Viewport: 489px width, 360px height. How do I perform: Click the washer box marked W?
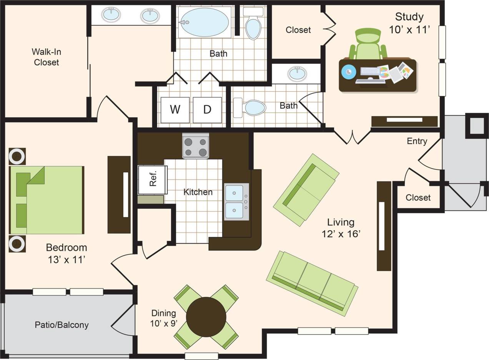point(175,110)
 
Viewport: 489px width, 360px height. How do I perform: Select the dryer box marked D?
point(207,110)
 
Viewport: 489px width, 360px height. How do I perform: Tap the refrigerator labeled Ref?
point(153,179)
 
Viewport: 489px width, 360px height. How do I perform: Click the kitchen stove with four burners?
point(195,146)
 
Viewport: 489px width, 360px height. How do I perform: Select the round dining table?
point(206,317)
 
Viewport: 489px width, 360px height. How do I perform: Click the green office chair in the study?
point(368,44)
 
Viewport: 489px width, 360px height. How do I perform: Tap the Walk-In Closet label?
point(47,57)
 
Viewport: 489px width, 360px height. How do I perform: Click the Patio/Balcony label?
point(62,325)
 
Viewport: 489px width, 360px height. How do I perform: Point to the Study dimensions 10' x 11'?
point(409,30)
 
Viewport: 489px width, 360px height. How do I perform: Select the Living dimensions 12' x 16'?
point(341,234)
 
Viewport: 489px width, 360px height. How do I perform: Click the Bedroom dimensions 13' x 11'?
point(66,260)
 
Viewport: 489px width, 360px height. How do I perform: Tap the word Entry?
point(417,141)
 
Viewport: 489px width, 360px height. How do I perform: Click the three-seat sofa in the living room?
point(312,283)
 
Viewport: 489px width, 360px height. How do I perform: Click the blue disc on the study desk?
point(348,72)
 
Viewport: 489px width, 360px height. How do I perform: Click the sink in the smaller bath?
point(297,73)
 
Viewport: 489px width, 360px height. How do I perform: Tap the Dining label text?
point(163,313)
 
